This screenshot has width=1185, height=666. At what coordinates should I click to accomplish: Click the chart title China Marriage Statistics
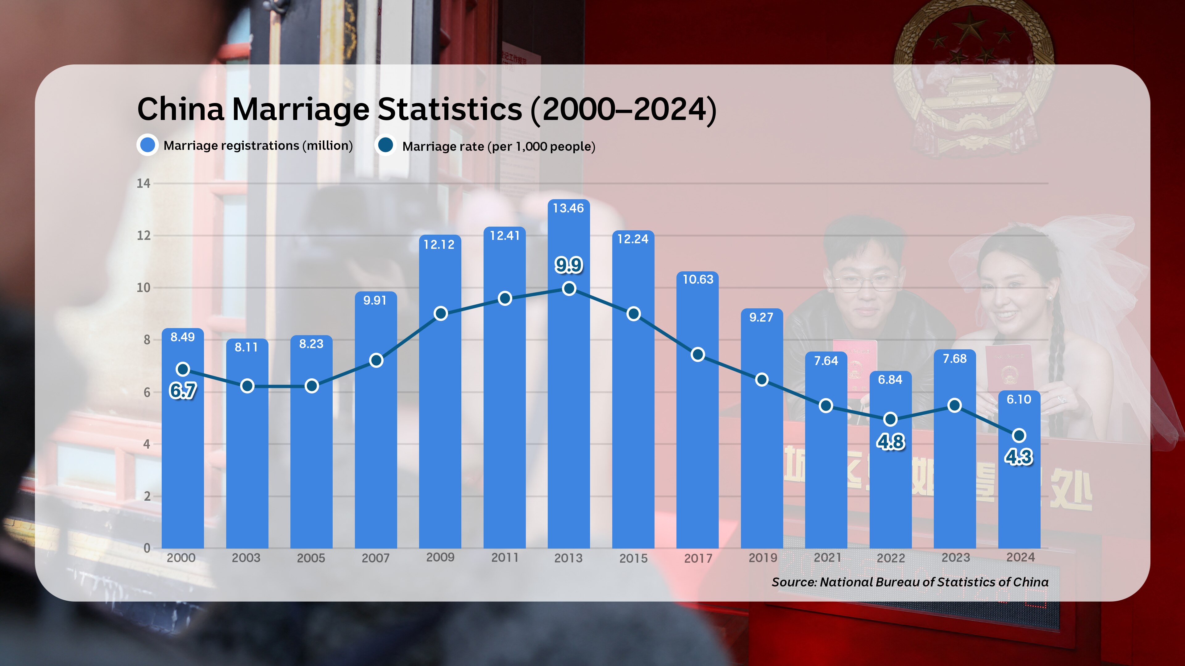(x=426, y=109)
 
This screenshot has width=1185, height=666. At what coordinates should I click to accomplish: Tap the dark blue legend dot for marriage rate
(x=385, y=145)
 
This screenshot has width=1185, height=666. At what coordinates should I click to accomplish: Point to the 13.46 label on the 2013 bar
(x=568, y=208)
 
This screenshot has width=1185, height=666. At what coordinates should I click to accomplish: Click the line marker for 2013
(x=569, y=289)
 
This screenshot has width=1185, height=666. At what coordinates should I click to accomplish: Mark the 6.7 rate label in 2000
(x=183, y=391)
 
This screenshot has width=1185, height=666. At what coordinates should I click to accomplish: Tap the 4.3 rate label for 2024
(x=1018, y=457)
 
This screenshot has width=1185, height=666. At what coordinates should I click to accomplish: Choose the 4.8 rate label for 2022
(x=891, y=442)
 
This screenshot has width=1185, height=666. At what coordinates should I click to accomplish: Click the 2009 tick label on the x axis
(x=440, y=557)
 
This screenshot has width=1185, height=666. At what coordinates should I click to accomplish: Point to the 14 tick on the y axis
(x=143, y=184)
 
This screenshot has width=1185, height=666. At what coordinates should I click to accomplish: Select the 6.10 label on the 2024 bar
(x=1019, y=399)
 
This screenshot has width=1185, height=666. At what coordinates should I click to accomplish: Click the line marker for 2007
(x=376, y=360)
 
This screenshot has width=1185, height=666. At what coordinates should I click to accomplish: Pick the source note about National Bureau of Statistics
(x=910, y=582)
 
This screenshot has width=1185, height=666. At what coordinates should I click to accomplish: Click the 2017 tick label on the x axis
(x=698, y=558)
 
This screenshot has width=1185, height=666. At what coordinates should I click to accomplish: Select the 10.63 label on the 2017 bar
(x=698, y=279)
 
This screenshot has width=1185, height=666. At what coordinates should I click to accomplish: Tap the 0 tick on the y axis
(x=147, y=548)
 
